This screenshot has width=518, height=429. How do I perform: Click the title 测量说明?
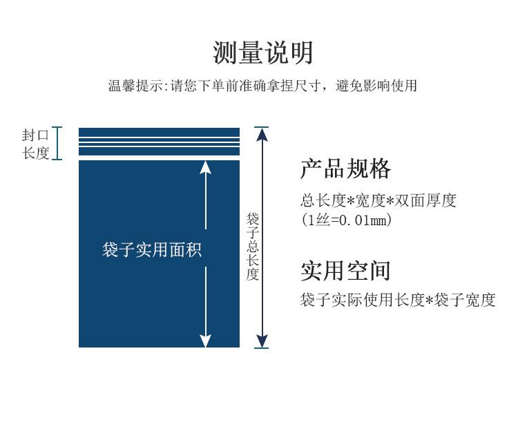click(x=262, y=53)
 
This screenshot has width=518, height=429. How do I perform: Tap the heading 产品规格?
click(x=345, y=169)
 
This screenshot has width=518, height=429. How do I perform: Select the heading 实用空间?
click(x=345, y=271)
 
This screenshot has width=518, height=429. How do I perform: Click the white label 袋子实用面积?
click(x=152, y=250)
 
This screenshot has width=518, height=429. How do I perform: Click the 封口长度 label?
click(x=36, y=144)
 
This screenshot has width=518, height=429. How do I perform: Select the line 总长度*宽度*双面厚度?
click(x=378, y=201)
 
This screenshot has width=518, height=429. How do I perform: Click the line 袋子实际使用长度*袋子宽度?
click(x=398, y=301)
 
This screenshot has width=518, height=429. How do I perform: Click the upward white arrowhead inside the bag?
click(x=205, y=166)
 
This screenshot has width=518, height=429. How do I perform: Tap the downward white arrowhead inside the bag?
click(x=205, y=340)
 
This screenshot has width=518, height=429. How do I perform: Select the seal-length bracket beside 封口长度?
click(x=57, y=143)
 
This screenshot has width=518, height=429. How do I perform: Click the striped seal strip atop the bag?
click(x=159, y=143)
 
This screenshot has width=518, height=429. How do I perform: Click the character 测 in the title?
click(x=224, y=53)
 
